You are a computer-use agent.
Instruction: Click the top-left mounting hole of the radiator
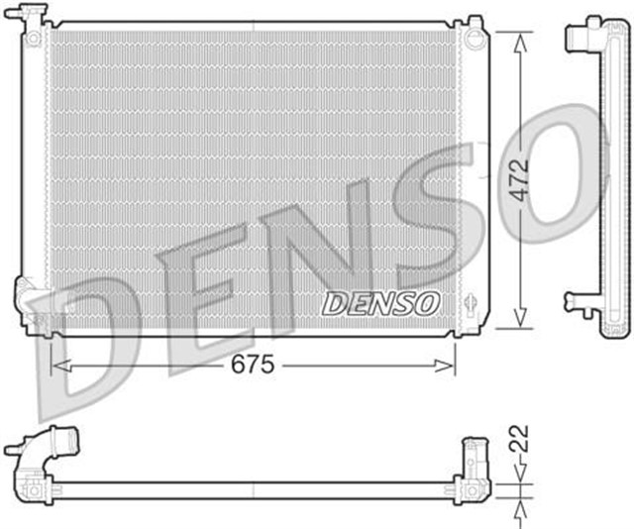tap(34, 38)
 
